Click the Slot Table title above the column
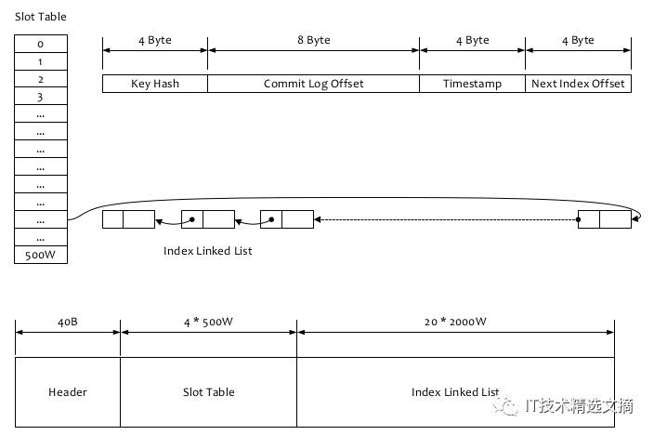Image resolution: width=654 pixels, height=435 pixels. [41, 17]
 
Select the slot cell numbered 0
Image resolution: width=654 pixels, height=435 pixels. [41, 44]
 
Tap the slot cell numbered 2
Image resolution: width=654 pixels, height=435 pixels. [41, 78]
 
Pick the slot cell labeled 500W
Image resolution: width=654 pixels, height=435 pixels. [41, 255]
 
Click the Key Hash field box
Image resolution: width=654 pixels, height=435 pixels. [155, 84]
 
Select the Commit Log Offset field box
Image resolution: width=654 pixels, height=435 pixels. [313, 84]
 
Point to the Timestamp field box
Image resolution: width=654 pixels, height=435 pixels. [472, 84]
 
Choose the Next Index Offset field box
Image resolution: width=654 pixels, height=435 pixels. [578, 84]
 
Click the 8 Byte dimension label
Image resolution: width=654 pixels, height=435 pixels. [314, 40]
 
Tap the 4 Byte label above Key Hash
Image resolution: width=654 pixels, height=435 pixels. [155, 40]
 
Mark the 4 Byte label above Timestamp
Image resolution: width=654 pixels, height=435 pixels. [472, 40]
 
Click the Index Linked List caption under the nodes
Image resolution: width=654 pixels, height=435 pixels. [208, 251]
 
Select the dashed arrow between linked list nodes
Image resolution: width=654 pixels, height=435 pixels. [446, 219]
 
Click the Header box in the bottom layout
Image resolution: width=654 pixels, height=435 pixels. [68, 392]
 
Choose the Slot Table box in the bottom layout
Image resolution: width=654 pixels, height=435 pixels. [208, 392]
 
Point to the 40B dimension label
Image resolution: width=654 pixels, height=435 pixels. [68, 322]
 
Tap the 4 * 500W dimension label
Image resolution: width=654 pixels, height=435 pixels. [208, 322]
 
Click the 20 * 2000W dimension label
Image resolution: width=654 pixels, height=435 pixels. [455, 322]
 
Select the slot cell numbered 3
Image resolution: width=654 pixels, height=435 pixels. [41, 96]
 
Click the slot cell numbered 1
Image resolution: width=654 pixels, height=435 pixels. [41, 61]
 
